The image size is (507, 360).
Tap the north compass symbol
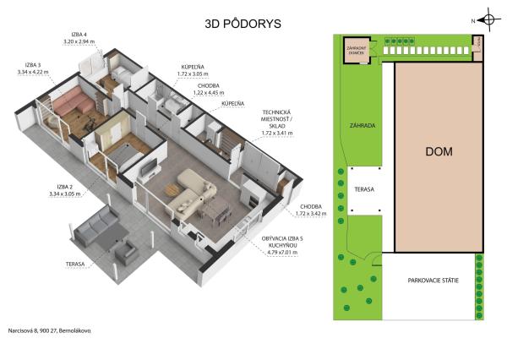point(489,19)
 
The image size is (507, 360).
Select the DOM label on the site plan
point(439,152)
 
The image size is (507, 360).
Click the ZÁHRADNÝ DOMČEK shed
point(355,49)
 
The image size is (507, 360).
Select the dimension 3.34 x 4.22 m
point(35,72)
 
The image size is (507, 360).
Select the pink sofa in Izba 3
point(74,104)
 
